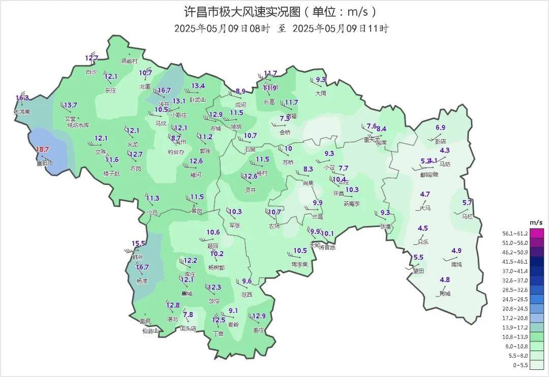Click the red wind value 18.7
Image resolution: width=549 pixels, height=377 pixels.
[42, 149]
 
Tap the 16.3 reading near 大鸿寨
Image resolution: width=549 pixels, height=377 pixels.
[22, 98]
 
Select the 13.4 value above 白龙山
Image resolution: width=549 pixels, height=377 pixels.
[198, 86]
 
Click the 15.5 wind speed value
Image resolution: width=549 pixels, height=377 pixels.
[139, 244]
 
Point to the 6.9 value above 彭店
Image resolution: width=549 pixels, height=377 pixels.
[440, 128]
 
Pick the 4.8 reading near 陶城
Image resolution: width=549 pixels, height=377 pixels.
[445, 280]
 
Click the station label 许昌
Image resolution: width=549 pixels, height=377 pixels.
[338, 194]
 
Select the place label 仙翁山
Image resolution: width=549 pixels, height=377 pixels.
[150, 331]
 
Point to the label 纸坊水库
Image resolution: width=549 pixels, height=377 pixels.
[78, 125]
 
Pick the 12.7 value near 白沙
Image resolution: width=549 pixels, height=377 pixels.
[91, 58]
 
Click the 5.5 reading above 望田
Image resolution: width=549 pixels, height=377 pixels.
[418, 258]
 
